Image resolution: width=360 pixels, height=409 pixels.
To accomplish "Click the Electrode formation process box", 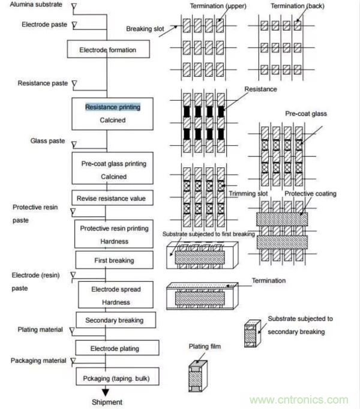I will [x=107, y=50].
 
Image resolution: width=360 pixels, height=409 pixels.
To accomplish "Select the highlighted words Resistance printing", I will [x=112, y=107].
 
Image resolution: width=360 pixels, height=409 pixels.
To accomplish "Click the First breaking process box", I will [x=113, y=261].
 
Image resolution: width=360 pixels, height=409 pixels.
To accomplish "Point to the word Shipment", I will [x=107, y=402].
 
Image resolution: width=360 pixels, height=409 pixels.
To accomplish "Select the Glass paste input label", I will [x=47, y=141].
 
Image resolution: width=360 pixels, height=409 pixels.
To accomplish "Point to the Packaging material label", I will [x=39, y=360].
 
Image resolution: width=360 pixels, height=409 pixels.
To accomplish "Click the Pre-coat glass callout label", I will [x=306, y=113].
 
